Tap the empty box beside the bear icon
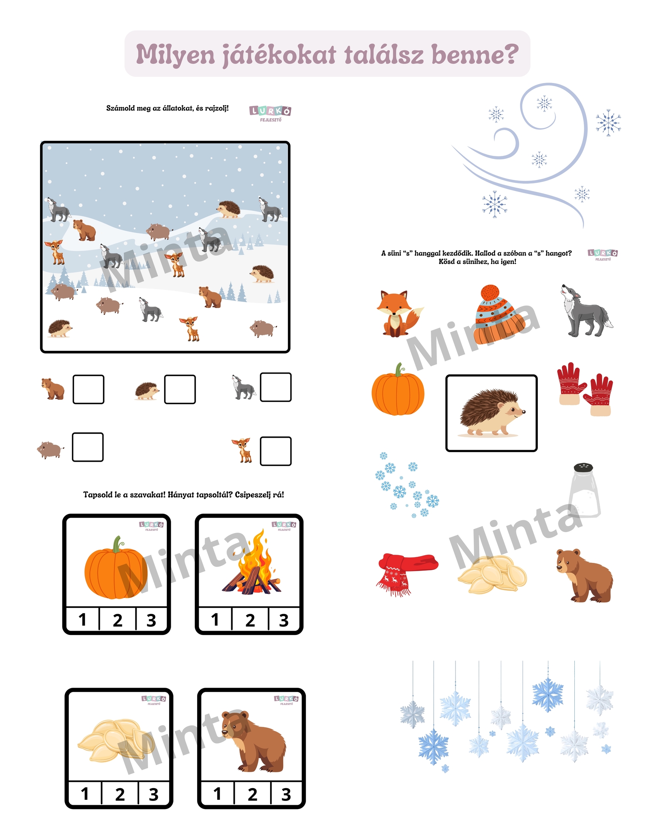click(88, 389)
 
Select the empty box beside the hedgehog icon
click(180, 389)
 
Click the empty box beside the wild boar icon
click(88, 447)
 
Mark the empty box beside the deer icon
click(276, 451)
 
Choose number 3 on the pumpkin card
click(151, 620)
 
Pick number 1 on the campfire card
click(215, 620)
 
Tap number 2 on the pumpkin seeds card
click(120, 794)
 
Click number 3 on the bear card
click(286, 794)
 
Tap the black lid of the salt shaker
click(583, 468)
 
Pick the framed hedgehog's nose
click(524, 412)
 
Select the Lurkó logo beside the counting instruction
click(270, 113)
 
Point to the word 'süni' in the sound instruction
click(394, 253)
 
